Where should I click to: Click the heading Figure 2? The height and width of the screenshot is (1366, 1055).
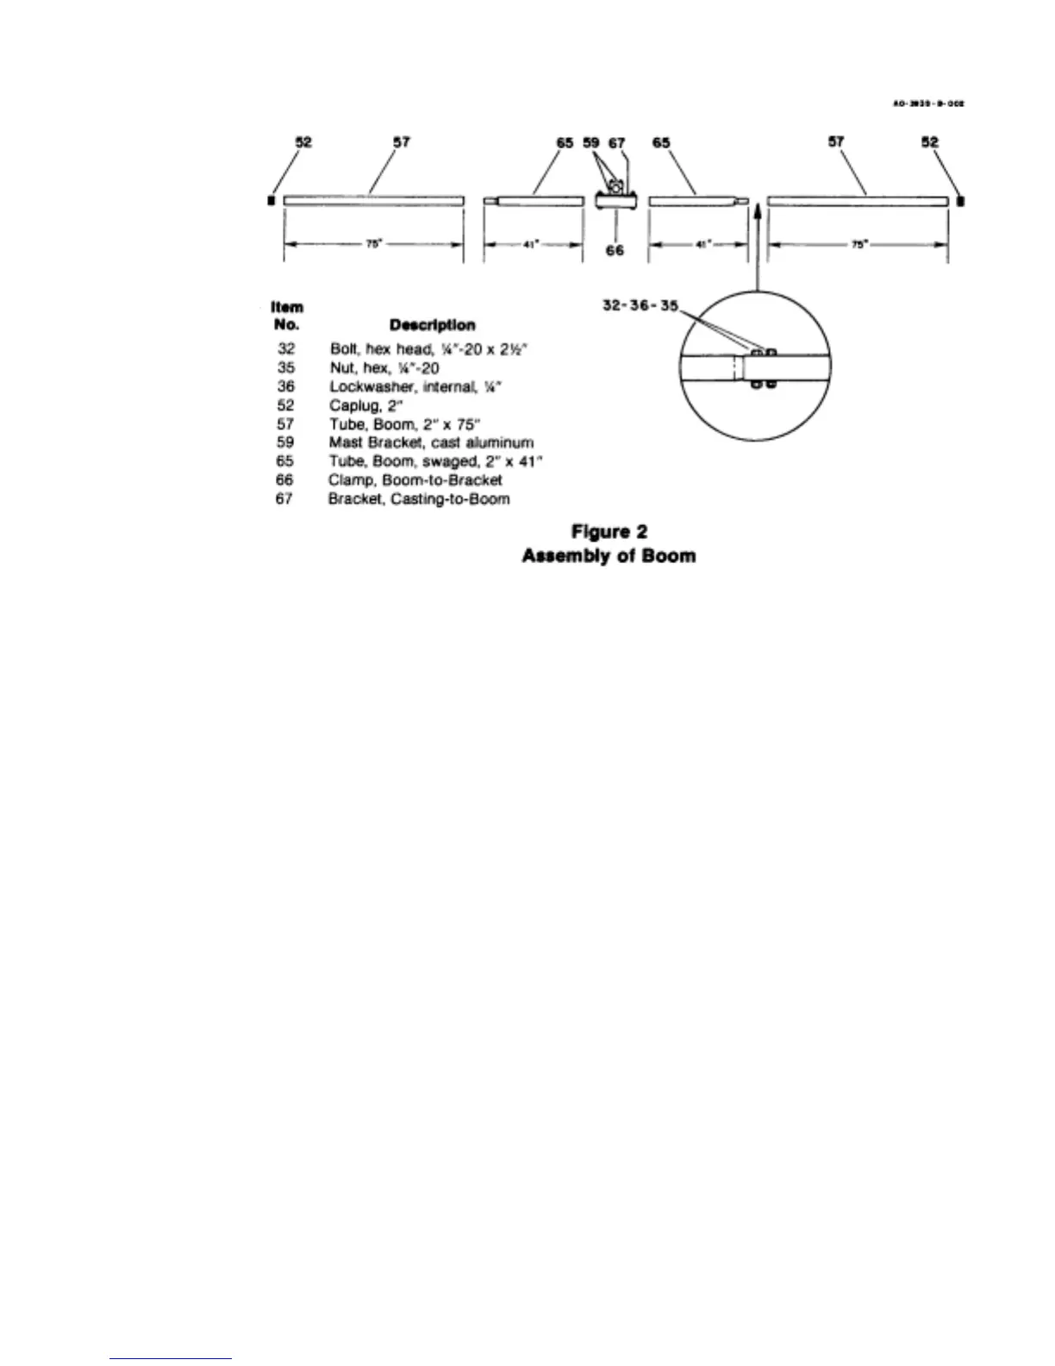point(609,532)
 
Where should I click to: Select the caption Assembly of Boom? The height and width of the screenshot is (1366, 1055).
point(609,556)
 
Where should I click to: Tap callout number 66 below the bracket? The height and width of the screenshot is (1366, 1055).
point(615,250)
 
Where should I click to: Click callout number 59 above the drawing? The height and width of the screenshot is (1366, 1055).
point(591,143)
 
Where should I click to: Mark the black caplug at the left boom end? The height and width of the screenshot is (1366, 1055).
point(272,201)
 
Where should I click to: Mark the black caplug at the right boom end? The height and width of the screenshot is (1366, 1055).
point(961,201)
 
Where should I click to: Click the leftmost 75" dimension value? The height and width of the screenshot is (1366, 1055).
point(373,244)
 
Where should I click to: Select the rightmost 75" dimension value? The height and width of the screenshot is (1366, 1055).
point(858,244)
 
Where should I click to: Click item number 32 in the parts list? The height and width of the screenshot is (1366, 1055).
point(286,349)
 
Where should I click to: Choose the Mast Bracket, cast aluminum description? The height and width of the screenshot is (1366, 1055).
point(431,442)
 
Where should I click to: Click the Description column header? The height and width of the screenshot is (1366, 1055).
point(432,325)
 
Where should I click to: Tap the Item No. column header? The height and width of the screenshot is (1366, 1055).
point(287,316)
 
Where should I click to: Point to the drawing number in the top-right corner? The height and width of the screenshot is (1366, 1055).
point(927,103)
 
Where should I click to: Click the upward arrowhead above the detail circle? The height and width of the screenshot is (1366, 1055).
point(756,208)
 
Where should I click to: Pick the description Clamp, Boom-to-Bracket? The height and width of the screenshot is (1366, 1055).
point(415,480)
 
